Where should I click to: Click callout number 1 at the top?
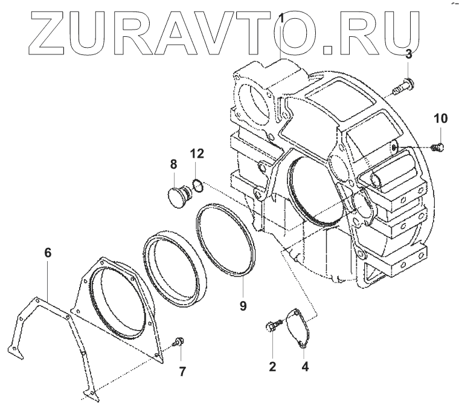[x=281, y=18]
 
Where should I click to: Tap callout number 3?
[x=408, y=54]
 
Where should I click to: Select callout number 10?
[x=440, y=118]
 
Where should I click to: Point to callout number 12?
[x=197, y=154]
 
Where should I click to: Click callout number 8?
[x=173, y=164]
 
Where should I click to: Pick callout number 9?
[x=243, y=306]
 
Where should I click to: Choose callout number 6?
[x=48, y=252]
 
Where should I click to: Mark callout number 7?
[x=182, y=372]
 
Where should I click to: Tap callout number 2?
[x=272, y=366]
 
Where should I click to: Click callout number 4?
[x=305, y=366]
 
